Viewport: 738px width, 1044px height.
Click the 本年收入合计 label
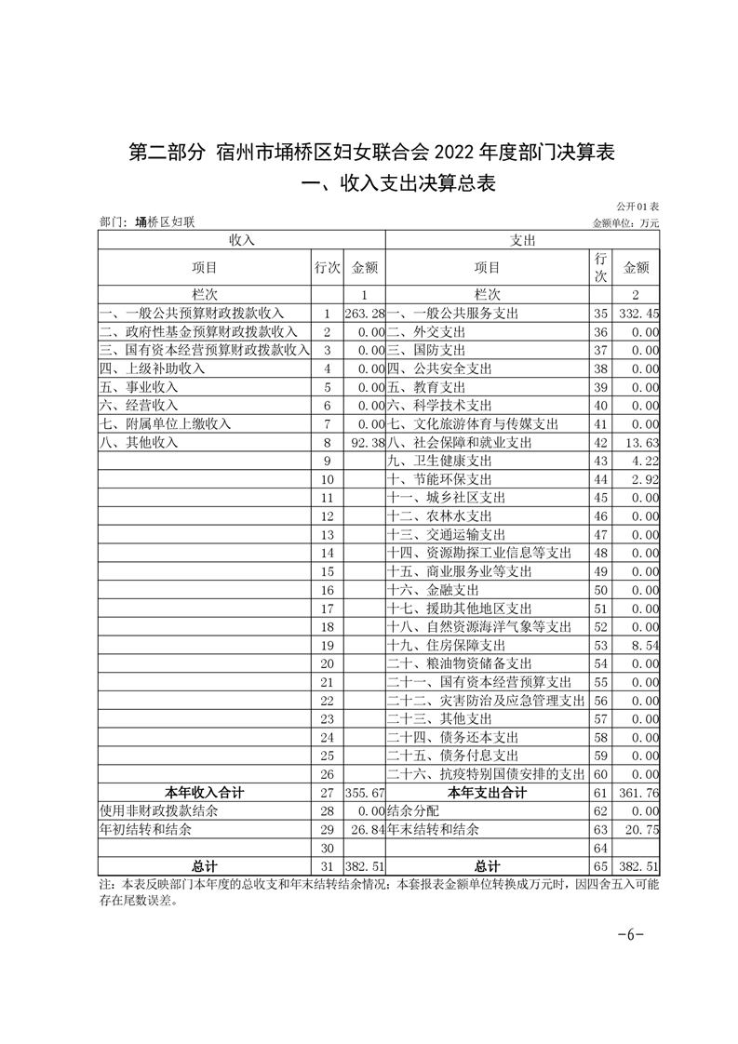tap(205, 793)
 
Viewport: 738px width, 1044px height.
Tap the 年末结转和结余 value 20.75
tap(641, 830)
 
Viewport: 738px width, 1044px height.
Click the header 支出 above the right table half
tap(522, 240)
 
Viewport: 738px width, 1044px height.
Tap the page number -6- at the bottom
tap(630, 934)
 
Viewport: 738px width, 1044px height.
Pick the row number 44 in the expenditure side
tap(600, 479)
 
